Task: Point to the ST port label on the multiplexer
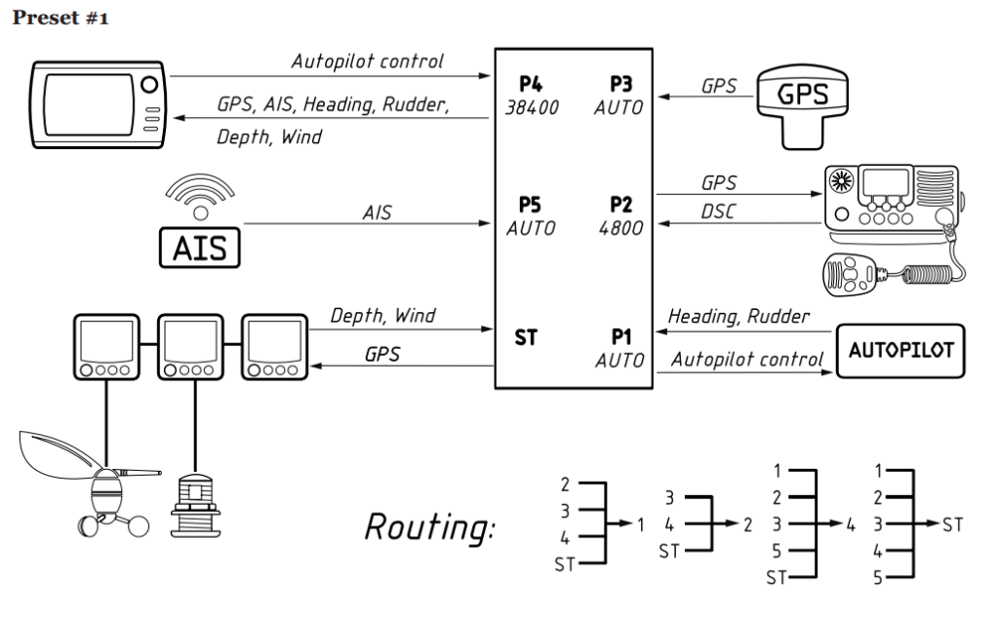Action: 527,338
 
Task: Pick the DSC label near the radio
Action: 718,211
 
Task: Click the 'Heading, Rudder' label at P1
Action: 738,317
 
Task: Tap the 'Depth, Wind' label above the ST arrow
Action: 382,317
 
